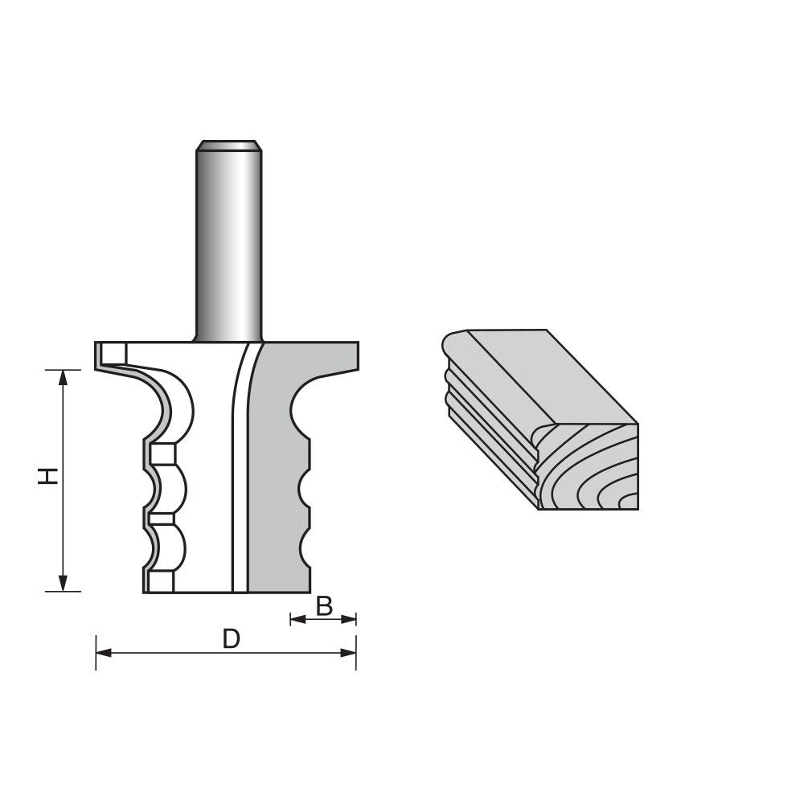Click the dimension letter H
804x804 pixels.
tap(50, 476)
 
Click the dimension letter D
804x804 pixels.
tap(231, 639)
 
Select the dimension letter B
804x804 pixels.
tap(324, 606)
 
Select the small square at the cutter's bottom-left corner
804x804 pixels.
tap(159, 581)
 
